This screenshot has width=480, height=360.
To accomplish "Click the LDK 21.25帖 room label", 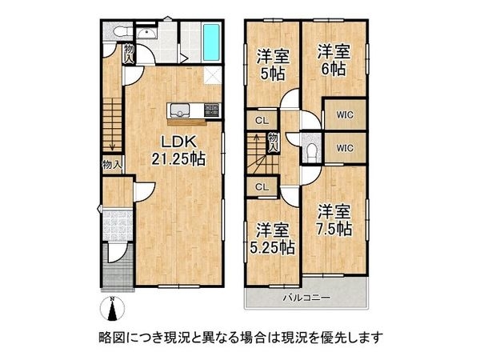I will tap(178, 150).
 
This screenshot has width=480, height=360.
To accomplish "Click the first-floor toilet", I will tap(118, 32).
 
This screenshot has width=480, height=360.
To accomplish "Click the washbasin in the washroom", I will tap(146, 32).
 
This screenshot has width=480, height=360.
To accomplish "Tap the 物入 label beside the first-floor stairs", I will tap(112, 165).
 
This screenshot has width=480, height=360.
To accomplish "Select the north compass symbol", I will tap(113, 308).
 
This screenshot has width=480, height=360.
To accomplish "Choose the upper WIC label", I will tap(344, 114).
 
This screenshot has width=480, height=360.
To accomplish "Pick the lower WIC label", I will tap(344, 147).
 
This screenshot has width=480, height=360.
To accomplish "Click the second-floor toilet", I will tap(312, 148).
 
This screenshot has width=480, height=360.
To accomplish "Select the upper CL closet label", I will tap(261, 121).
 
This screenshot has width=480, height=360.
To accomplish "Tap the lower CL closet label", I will tap(261, 186).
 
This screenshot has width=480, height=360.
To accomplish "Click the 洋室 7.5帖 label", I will tap(334, 219).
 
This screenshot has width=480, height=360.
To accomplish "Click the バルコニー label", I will tap(306, 298).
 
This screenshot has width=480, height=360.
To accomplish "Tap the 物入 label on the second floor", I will tap(273, 142).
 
